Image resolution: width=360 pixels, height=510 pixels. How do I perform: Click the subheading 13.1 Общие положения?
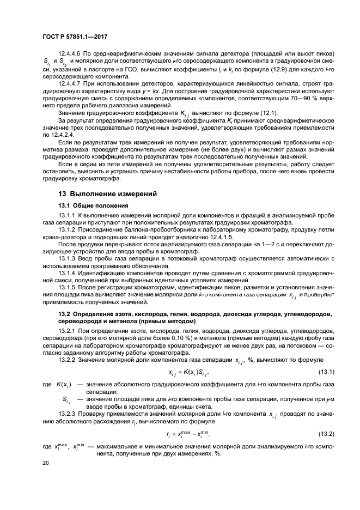(93, 205)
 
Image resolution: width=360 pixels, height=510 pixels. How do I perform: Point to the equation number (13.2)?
(308, 434)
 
